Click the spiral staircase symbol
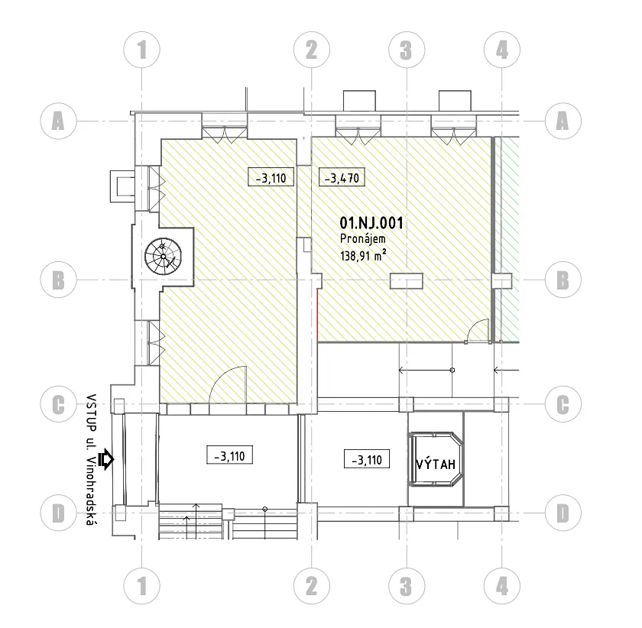(163, 256)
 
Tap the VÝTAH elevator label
(436, 464)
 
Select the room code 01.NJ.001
(371, 223)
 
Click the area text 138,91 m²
(363, 256)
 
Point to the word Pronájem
(363, 239)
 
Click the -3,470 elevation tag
(342, 178)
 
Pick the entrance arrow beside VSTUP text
(106, 459)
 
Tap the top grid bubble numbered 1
(141, 50)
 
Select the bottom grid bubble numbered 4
(502, 586)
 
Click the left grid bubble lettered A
(59, 121)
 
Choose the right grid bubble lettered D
(563, 513)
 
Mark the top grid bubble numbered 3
(407, 50)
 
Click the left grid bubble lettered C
(59, 404)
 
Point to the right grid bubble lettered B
(563, 280)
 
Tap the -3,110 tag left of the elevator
(366, 459)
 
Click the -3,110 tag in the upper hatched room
(271, 177)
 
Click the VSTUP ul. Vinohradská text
(92, 459)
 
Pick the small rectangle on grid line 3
(406, 281)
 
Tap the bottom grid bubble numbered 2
(312, 586)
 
